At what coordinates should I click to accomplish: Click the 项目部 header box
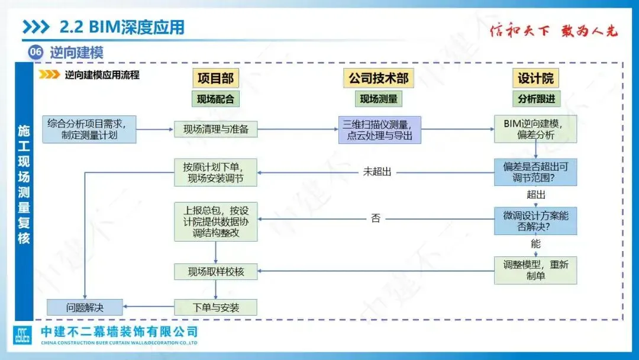[x=215, y=78]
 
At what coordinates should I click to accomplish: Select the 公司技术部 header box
[x=379, y=78]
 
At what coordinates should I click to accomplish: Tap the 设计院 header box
[x=535, y=78]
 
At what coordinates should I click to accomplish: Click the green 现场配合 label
[x=215, y=99]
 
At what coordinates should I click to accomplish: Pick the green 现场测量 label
[x=379, y=99]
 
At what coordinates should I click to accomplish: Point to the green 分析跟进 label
[x=535, y=99]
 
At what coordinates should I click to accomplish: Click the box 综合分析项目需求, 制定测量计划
[x=89, y=129]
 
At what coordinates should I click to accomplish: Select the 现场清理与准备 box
[x=215, y=129]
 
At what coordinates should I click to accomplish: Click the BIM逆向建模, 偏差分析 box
[x=535, y=129]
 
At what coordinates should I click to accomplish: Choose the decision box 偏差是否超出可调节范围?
[x=535, y=172]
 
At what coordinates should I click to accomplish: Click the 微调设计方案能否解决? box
[x=535, y=221]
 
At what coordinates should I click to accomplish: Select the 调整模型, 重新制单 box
[x=535, y=270]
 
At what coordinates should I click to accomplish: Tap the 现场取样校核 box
[x=215, y=272]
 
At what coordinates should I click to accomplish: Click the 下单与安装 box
[x=215, y=307]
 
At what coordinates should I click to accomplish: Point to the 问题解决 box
[x=85, y=307]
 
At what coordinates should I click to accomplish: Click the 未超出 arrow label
[x=377, y=172]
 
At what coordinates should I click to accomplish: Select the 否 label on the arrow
[x=376, y=218]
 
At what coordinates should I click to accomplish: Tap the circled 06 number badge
[x=35, y=52]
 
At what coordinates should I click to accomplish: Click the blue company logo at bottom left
[x=22, y=336]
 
